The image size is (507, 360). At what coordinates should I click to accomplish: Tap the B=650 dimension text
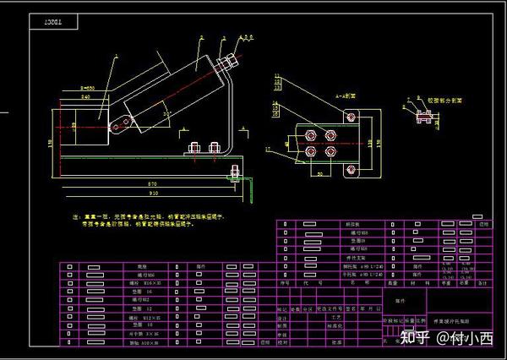[88, 87]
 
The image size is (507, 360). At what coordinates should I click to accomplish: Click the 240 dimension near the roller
[85, 98]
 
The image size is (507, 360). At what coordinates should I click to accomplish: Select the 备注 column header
[482, 284]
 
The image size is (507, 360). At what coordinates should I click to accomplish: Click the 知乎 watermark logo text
[412, 339]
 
